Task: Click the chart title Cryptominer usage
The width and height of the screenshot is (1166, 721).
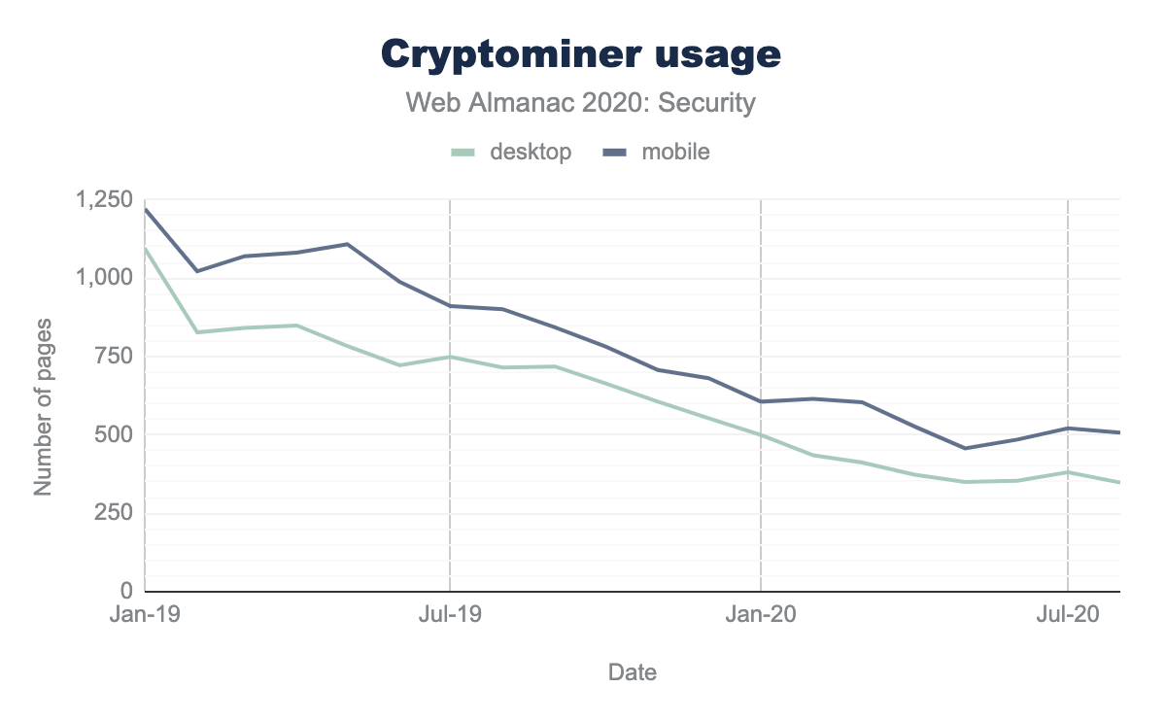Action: [581, 54]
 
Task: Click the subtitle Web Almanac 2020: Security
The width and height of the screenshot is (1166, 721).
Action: [581, 103]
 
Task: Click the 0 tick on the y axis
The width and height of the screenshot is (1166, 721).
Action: [126, 591]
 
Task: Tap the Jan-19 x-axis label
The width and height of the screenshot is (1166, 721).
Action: [145, 615]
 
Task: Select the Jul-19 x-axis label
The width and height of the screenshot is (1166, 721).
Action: [450, 615]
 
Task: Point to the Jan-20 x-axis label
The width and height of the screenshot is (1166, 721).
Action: [760, 615]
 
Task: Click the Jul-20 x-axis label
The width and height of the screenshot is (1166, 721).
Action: [1068, 615]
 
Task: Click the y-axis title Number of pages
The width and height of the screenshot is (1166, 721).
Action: [43, 406]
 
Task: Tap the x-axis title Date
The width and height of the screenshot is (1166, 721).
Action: [632, 671]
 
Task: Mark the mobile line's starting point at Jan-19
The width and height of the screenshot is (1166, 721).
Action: [146, 209]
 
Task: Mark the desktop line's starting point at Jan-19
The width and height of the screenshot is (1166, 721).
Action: [146, 249]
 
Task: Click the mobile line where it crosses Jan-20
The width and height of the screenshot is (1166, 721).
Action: [760, 401]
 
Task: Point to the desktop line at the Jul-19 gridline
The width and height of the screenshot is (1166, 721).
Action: [450, 357]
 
